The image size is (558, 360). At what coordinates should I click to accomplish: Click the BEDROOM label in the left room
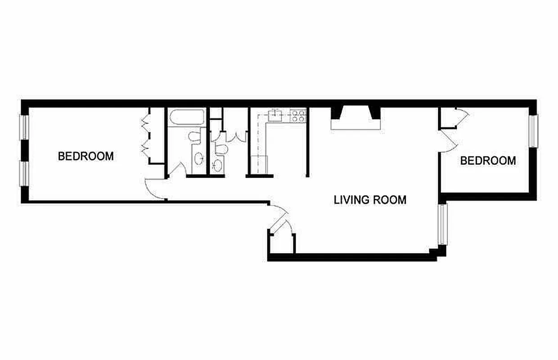(85, 156)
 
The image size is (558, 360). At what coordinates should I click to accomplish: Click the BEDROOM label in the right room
(488, 160)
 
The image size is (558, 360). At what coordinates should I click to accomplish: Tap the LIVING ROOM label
(370, 199)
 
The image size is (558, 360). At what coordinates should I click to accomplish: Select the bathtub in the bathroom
(187, 118)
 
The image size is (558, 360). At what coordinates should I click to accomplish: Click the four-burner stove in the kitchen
(298, 116)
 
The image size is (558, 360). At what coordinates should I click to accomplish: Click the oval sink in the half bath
(217, 164)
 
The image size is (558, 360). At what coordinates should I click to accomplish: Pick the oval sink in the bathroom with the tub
(198, 157)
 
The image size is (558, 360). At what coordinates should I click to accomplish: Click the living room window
(443, 225)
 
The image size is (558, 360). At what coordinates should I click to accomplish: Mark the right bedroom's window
(533, 131)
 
